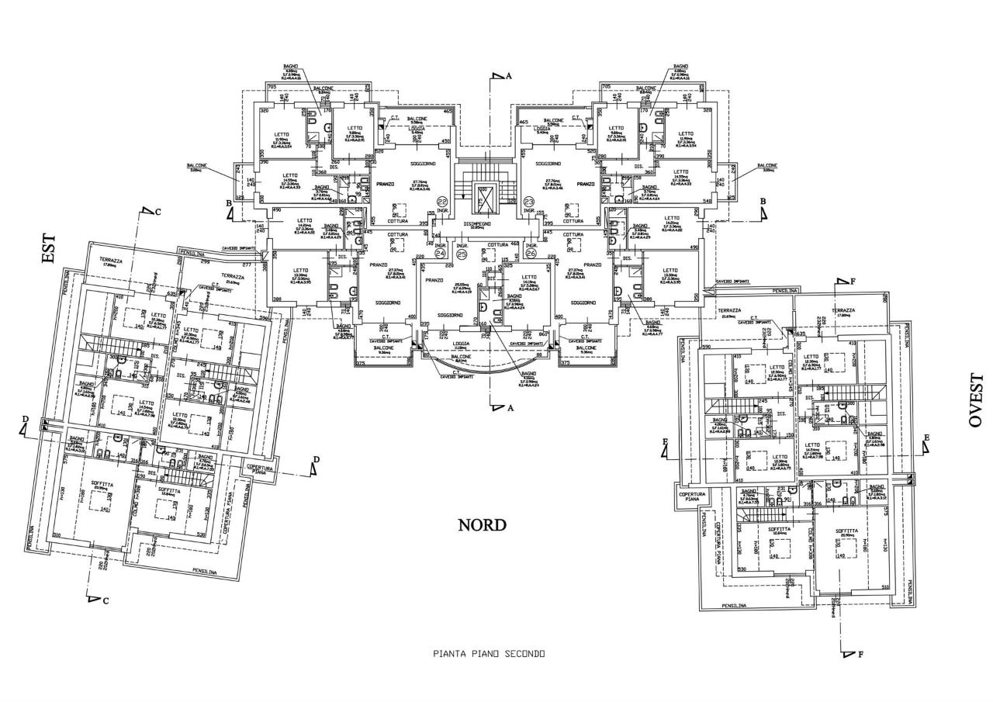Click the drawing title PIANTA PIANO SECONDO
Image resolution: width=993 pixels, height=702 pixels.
coord(489,654)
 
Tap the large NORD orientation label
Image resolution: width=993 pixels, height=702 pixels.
coord(482,525)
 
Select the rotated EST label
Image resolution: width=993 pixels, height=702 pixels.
coord(49,251)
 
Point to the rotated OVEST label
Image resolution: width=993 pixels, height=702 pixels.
coord(975,399)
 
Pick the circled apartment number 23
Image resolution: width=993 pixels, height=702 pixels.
coord(531,199)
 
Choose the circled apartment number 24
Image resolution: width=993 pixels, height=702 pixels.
coord(440,253)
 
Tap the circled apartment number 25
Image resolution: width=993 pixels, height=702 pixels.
coord(462,253)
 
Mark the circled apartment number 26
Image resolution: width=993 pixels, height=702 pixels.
coord(531,253)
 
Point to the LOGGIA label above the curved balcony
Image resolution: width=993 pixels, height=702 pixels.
coord(460,342)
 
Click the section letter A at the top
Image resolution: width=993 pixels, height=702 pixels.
coord(509,76)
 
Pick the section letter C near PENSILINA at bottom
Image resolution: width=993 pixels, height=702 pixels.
coord(106,600)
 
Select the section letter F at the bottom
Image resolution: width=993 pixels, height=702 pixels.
coord(861,654)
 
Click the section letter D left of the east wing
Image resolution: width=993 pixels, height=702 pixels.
coord(25,420)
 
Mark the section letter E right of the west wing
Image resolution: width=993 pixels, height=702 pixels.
coord(926,438)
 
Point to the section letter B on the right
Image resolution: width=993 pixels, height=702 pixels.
coord(763,201)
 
